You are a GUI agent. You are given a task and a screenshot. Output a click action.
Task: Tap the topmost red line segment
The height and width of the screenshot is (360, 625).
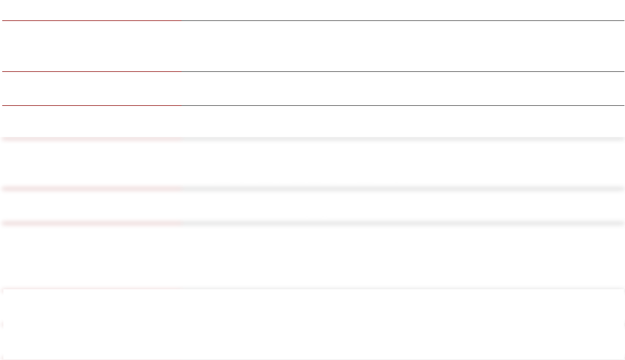click(90, 21)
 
